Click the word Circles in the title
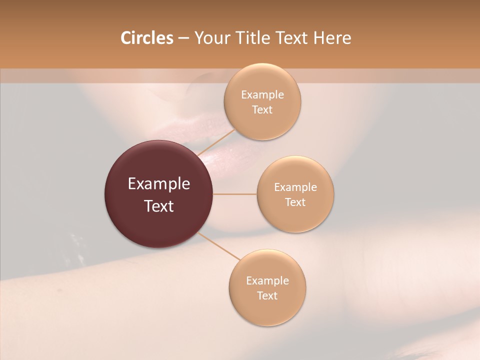coord(146,38)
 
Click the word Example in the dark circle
coord(159,184)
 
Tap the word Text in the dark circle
coord(159,206)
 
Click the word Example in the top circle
coord(262,95)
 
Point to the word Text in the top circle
coord(262,110)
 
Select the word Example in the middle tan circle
coord(295,187)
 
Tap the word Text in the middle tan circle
coord(295,202)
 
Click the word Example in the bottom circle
coord(267,281)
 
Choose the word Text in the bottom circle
coord(267,296)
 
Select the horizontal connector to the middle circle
coord(235,194)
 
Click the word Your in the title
coord(209,38)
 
